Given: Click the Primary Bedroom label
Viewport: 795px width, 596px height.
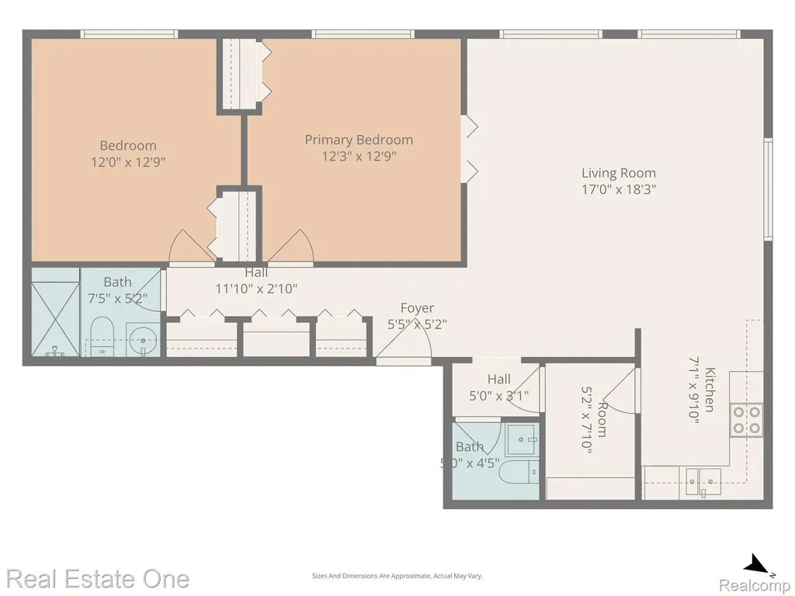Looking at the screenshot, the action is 359,140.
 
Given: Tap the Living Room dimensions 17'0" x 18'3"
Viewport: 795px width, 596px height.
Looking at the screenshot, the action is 619,189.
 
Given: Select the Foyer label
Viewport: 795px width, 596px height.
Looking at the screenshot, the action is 417,308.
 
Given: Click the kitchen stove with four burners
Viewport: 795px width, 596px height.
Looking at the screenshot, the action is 747,420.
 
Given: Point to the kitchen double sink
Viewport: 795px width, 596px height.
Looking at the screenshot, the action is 703,481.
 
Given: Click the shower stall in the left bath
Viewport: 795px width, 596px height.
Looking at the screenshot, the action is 55,312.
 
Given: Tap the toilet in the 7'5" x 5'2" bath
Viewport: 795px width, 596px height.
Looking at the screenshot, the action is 102,336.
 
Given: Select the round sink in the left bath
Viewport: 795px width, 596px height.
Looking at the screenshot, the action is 143,340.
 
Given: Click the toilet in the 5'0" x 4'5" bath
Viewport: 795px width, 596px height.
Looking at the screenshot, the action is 519,473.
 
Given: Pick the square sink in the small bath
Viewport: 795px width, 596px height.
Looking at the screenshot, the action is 522,439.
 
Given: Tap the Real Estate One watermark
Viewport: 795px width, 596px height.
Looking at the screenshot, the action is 98,579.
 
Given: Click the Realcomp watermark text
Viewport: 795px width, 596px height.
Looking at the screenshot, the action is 754,585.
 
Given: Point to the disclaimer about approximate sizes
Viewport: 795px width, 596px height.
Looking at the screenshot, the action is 397,576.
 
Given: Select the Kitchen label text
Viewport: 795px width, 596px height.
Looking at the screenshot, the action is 710,390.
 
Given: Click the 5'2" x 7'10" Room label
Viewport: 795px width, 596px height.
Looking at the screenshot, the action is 594,419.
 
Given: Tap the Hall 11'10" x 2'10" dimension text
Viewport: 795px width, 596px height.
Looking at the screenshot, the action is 256,289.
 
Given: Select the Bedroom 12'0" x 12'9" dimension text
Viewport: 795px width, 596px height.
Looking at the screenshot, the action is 128,162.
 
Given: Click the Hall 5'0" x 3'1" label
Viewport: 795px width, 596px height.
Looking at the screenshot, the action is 499,387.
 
